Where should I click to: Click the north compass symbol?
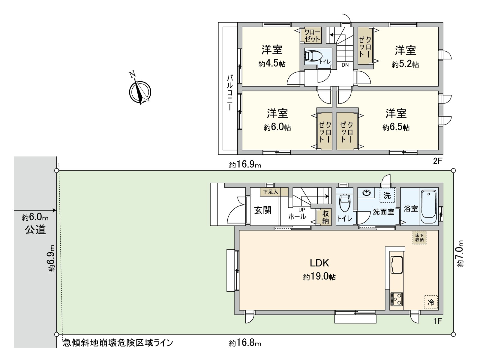pyautogui.click(x=139, y=92)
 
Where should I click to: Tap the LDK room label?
pyautogui.click(x=319, y=263)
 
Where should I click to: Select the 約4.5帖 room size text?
pyautogui.click(x=272, y=64)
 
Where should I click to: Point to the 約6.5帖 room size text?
pyautogui.click(x=396, y=127)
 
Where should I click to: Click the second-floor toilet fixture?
pyautogui.click(x=313, y=56)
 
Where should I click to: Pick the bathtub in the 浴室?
pyautogui.click(x=428, y=206)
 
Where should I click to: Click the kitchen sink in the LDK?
pyautogui.click(x=396, y=265)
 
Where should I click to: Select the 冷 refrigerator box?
pyautogui.click(x=431, y=302)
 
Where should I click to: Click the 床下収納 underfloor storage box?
pyautogui.click(x=419, y=238)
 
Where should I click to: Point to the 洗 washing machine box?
pyautogui.click(x=387, y=196)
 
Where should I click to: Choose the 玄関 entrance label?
pyautogui.click(x=263, y=210)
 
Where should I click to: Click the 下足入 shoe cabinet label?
pyautogui.click(x=271, y=191)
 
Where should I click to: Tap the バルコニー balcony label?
pyautogui.click(x=230, y=93)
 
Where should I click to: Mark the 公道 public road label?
pyautogui.click(x=35, y=229)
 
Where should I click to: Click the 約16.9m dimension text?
pyautogui.click(x=245, y=164)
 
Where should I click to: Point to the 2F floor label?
pyautogui.click(x=437, y=161)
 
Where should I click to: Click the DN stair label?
pyautogui.click(x=345, y=65)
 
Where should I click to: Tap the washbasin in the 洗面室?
pyautogui.click(x=367, y=193)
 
